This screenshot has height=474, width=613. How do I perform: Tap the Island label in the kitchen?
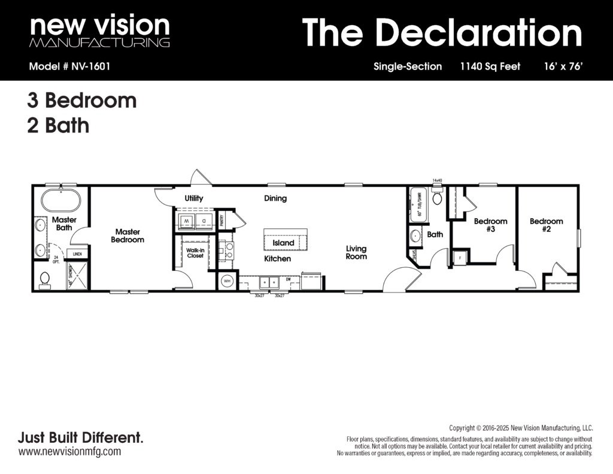tap(283, 243)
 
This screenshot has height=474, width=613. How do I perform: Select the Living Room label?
tap(356, 252)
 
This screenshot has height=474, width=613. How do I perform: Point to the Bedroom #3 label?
tap(490, 225)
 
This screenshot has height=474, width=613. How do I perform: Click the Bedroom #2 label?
tap(546, 225)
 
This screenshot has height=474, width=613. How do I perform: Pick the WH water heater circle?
tap(227, 280)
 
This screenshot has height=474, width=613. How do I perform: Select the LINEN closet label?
tap(77, 254)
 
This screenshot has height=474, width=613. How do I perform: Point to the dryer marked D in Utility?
tap(204, 221)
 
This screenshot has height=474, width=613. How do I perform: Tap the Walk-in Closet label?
tap(195, 252)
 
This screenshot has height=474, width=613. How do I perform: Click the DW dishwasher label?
tap(288, 279)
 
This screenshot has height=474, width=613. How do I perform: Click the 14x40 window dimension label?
tap(437, 180)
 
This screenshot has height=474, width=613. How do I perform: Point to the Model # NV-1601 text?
tap(69, 67)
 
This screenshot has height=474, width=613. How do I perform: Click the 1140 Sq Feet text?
tap(490, 67)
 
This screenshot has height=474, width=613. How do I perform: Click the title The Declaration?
tap(442, 32)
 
